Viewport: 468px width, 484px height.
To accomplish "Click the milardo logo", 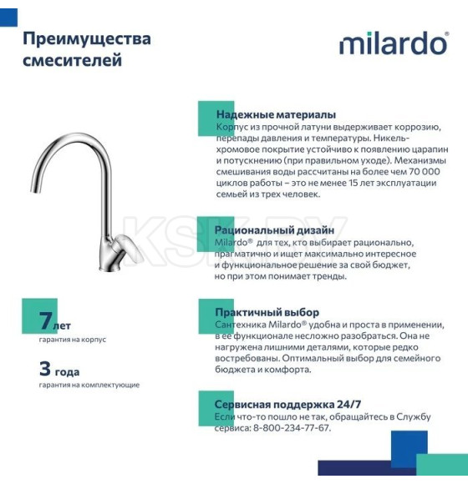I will tap(394, 44).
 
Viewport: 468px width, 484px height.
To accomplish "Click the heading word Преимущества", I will tap(87, 39).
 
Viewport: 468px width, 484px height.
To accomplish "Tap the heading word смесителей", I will tap(73, 60).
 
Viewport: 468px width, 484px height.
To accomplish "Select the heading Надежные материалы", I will tap(276, 114).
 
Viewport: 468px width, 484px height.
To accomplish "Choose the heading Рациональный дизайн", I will tap(274, 229).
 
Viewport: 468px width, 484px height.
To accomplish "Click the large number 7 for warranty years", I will tap(48, 320).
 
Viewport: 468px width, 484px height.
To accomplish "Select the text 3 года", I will tap(59, 368).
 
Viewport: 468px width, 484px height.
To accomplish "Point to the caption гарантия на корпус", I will tap(73, 340).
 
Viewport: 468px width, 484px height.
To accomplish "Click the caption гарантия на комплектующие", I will tap(89, 385).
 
